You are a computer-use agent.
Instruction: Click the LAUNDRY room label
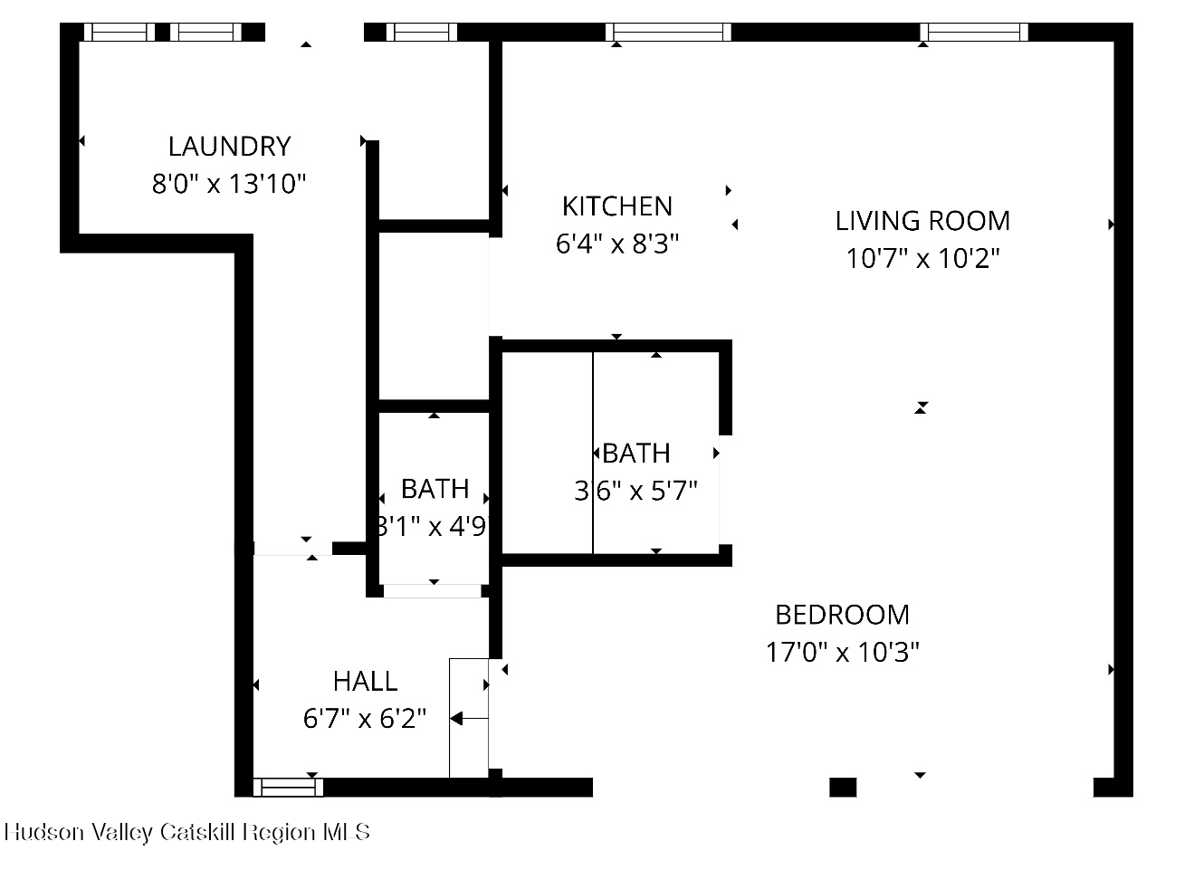[x=229, y=146]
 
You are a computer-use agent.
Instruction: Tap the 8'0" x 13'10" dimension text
[x=229, y=185]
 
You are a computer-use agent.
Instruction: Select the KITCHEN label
[x=616, y=206]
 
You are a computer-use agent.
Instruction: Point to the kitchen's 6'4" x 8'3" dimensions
[x=616, y=244]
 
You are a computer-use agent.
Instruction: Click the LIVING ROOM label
[x=922, y=221]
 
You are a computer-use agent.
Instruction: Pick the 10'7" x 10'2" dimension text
[x=922, y=259]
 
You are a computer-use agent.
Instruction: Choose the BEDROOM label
[x=842, y=615]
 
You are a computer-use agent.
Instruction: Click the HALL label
[x=365, y=681]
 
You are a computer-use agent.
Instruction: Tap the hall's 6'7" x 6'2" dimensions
[x=365, y=719]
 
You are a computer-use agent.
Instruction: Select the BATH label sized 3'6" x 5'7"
[x=636, y=453]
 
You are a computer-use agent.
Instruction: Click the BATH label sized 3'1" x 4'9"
[x=435, y=489]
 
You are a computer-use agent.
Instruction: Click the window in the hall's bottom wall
[x=288, y=787]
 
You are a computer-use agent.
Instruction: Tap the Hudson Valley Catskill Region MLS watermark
[x=187, y=832]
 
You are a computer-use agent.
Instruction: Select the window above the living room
[x=974, y=33]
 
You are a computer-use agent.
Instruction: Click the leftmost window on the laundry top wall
[x=119, y=33]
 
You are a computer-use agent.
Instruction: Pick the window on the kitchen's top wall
[x=668, y=33]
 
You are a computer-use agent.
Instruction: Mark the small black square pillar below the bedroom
[x=842, y=787]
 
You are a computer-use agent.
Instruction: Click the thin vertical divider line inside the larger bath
[x=593, y=453]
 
